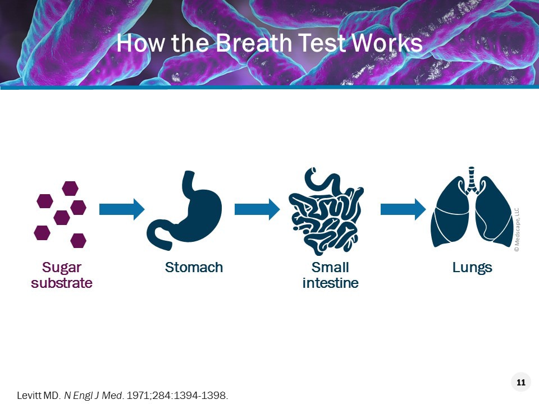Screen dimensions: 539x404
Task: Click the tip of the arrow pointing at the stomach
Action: pos(145,209)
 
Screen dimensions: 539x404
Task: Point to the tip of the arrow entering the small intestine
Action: pos(280,209)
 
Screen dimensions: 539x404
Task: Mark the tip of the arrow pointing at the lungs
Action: pos(426,209)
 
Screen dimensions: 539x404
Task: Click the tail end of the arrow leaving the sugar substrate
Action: pos(99,209)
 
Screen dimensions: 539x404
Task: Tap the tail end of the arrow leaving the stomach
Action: pos(235,209)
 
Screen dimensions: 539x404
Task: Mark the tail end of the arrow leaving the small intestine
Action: pos(381,209)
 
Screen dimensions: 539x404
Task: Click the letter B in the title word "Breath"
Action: pos(224,43)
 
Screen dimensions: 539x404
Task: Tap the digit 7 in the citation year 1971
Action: pos(141,396)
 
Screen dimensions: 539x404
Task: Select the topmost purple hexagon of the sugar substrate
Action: pos(70,189)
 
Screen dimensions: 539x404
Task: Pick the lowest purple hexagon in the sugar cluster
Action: pos(79,241)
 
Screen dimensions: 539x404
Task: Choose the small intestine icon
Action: pos(326,212)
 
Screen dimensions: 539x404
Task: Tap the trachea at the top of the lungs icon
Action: pos(471,178)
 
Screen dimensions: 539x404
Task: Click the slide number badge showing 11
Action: pos(521,382)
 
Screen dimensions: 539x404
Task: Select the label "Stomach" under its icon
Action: pos(194,267)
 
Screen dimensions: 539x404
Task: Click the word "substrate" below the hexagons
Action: pos(62,283)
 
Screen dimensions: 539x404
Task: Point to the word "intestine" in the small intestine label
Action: pos(330,283)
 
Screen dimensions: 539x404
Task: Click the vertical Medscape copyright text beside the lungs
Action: pos(517,229)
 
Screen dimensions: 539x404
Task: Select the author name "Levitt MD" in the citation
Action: pos(38,396)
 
